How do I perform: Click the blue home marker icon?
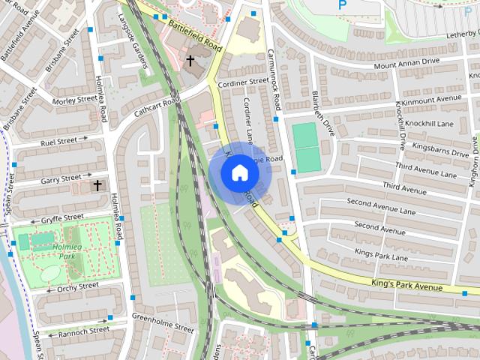pyautogui.click(x=239, y=173)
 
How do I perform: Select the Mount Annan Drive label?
pyautogui.click(x=407, y=63)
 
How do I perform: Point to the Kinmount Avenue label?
pyautogui.click(x=431, y=98)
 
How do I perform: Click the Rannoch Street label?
pyautogui.click(x=83, y=330)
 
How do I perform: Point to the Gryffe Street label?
pyautogui.click(x=62, y=217)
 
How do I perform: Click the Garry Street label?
pyautogui.click(x=61, y=178)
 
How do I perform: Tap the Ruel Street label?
pyautogui.click(x=59, y=139)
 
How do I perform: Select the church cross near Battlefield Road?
pyautogui.click(x=190, y=60)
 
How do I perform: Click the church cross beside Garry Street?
pyautogui.click(x=97, y=184)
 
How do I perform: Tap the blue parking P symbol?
pyautogui.click(x=343, y=4)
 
